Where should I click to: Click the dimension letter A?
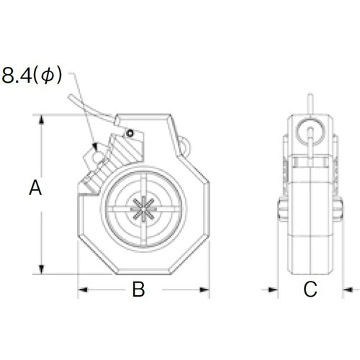tap(35, 189)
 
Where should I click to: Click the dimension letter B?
tap(139, 290)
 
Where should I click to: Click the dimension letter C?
tap(310, 290)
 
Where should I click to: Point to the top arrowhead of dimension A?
tap(41, 117)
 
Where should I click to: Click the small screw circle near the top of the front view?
tap(130, 132)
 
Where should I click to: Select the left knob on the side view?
tap(280, 211)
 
